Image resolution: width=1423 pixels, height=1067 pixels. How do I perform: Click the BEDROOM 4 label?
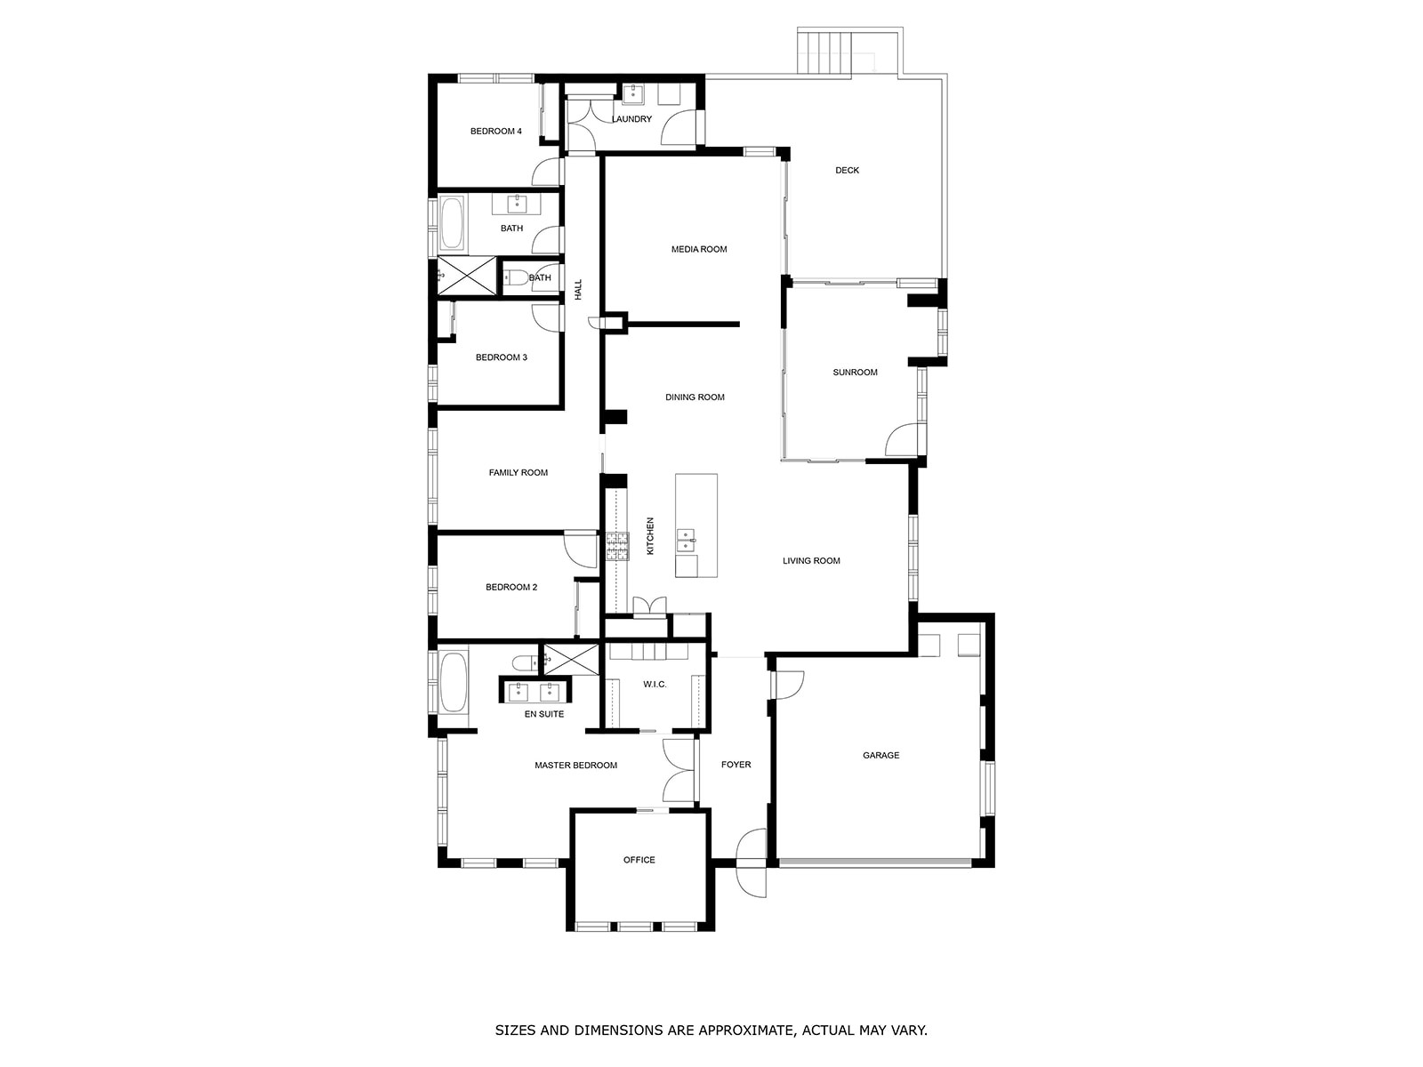(496, 132)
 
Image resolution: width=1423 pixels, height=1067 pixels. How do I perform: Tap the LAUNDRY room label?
(631, 119)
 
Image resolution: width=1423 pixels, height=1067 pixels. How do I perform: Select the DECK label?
(847, 171)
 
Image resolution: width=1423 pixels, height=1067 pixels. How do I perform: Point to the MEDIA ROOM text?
(699, 249)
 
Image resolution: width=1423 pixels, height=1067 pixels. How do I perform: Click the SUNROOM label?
(855, 373)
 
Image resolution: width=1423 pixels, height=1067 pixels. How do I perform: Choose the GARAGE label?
(881, 756)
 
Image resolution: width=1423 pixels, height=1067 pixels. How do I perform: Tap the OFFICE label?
(639, 860)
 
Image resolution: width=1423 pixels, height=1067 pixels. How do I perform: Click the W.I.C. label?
(655, 684)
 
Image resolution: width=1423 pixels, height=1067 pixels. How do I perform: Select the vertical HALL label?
(578, 289)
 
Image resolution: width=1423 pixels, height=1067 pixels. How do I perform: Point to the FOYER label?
(736, 765)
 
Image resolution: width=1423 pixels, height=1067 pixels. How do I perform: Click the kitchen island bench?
(696, 525)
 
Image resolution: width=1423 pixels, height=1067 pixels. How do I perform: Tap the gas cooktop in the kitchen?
(617, 546)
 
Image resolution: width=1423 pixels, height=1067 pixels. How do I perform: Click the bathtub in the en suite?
(454, 682)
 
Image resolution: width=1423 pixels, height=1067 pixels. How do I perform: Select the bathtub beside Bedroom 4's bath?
(452, 223)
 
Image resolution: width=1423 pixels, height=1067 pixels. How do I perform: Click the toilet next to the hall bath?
(517, 277)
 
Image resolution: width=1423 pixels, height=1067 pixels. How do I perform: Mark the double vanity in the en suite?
(535, 691)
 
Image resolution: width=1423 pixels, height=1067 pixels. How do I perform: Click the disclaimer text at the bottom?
(711, 1030)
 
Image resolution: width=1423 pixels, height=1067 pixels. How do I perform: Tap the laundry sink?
(632, 94)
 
